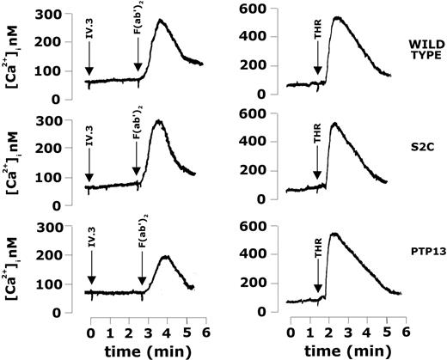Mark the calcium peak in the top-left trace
160,20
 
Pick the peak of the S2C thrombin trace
334,125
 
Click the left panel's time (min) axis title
132,348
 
